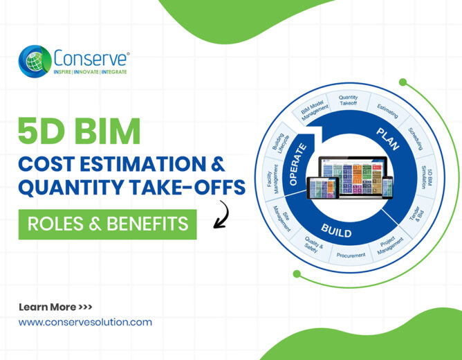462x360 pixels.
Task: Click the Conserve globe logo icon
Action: tap(35, 62)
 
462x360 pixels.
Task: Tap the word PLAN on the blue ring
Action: tap(388, 139)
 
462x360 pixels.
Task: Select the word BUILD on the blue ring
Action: tap(337, 231)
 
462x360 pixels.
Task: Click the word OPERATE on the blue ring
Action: tap(297, 165)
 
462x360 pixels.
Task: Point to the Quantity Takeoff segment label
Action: tap(348, 100)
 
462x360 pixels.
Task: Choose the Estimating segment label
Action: tap(388, 111)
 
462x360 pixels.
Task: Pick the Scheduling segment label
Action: tap(416, 138)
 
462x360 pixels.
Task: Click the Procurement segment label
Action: tap(351, 255)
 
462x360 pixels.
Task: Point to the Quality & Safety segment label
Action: tap(313, 245)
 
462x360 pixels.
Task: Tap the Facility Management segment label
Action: tap(272, 179)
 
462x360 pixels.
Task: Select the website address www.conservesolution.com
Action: tap(85, 322)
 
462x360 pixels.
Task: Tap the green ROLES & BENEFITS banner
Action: tap(107, 224)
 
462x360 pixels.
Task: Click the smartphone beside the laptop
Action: tap(387, 188)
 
